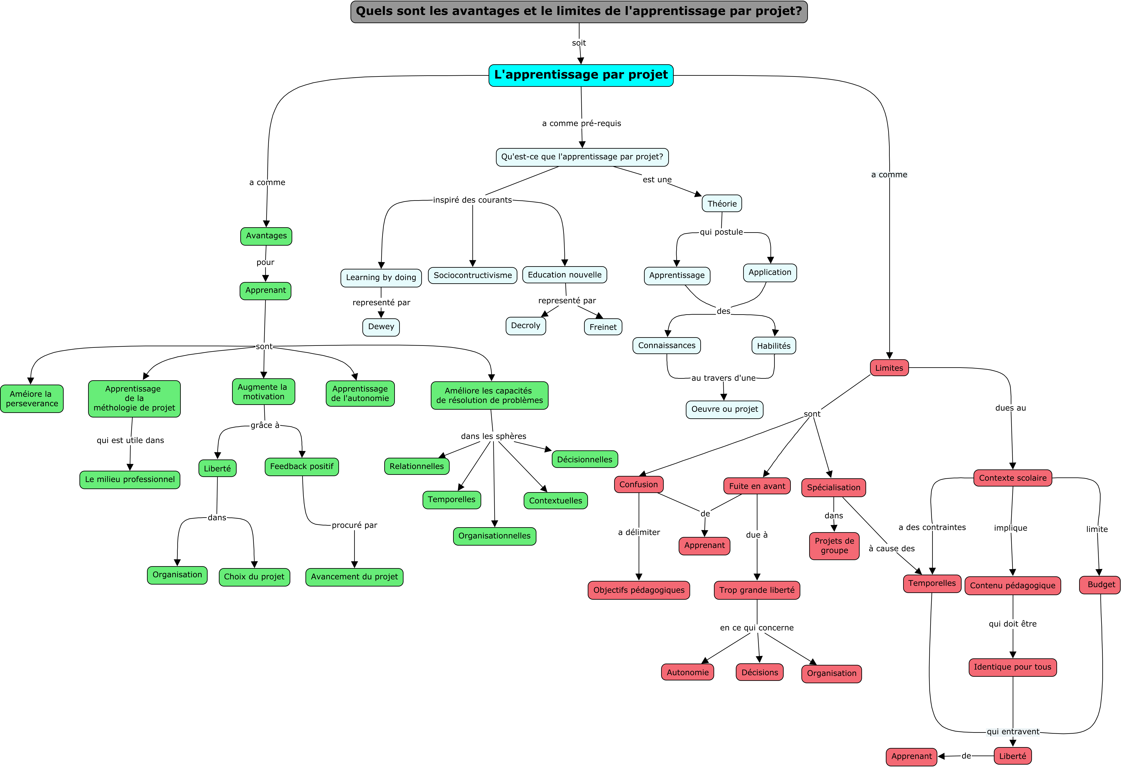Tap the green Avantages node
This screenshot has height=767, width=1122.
coord(266,236)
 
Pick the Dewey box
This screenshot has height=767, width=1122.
coord(381,327)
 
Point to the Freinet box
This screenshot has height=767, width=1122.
coord(603,327)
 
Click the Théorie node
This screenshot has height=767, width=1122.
coord(722,204)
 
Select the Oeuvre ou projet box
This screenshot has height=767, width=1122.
coord(725,409)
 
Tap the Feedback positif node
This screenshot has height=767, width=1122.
coord(302,467)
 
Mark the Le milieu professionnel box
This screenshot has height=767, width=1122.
coord(130,480)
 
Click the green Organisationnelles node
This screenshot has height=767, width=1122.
coord(494,536)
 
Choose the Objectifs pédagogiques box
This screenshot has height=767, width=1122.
coord(639,590)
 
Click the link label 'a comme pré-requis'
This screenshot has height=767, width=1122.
coord(581,124)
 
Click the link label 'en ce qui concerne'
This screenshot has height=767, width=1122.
coord(757,628)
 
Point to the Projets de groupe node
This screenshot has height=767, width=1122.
coord(834,546)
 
